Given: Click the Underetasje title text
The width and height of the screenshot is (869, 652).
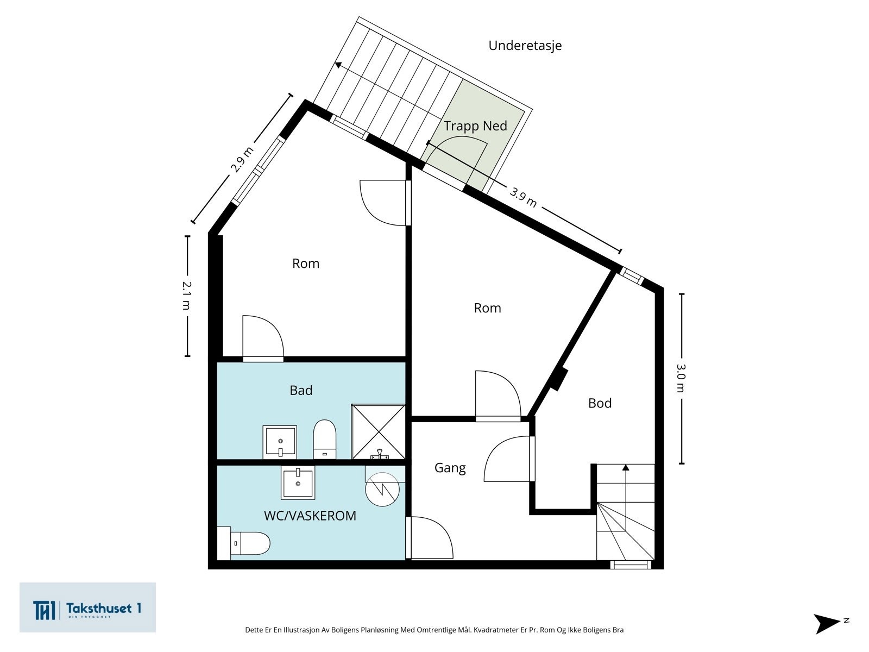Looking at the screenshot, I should coord(525,46).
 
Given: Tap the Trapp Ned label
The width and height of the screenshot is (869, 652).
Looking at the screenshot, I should coord(475,126).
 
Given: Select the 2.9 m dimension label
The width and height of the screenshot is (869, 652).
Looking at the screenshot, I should coord(242,159).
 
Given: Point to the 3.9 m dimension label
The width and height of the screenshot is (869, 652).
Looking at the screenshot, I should coord(524,197).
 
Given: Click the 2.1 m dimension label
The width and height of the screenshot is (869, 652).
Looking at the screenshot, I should coord(186,296).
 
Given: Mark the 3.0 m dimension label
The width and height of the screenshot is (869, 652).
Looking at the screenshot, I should coord(681,378).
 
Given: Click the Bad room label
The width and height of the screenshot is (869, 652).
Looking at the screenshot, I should coord(301,390).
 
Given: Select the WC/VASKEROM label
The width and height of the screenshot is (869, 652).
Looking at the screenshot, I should coord(310,516).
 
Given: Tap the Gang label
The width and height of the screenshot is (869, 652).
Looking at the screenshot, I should coord(450,468).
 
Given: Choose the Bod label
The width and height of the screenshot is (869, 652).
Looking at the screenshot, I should coord(600,403).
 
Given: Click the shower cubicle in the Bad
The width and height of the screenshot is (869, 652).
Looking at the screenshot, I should coord(378,432).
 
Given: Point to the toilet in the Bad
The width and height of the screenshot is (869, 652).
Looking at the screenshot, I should coord(325,439).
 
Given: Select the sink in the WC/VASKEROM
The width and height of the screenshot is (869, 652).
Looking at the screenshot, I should coord(298,482).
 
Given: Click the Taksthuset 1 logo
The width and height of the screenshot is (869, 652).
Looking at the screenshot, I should coord(87,607).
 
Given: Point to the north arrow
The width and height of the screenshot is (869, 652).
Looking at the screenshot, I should coord(828,623).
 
